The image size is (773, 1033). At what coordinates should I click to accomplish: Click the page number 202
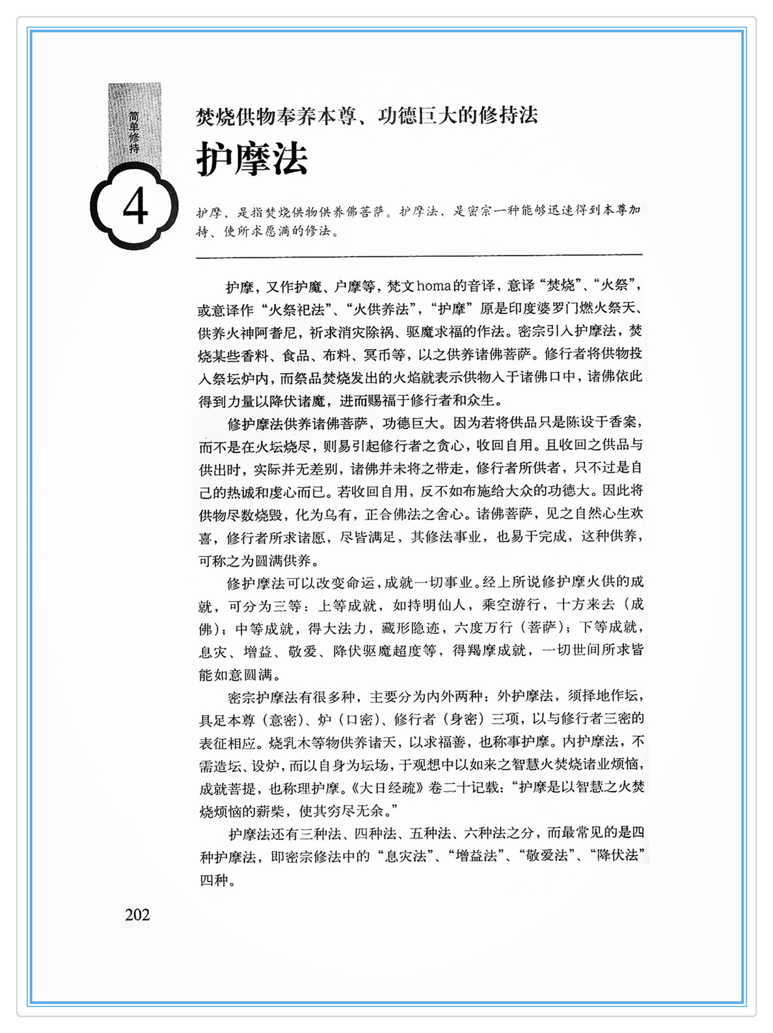[137, 915]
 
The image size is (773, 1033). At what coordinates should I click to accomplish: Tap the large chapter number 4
[135, 207]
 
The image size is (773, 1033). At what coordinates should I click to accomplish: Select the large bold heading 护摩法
[252, 159]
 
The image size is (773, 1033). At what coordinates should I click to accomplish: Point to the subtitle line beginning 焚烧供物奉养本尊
[367, 116]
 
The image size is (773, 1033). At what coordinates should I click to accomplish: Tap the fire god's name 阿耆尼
[282, 332]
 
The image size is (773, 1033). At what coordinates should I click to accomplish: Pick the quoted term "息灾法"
[403, 856]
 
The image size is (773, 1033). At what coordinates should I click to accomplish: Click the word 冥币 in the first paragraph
[377, 355]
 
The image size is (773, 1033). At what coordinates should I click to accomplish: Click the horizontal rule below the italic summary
[419, 255]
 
